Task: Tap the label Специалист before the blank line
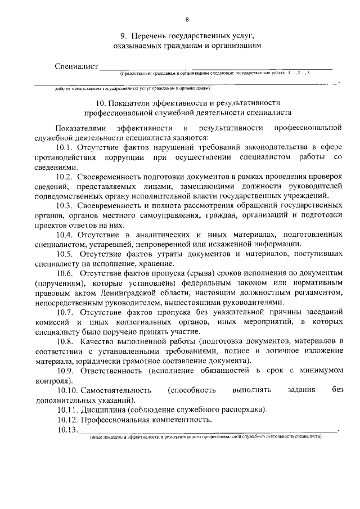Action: point(76,67)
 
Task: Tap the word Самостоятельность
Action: point(117,390)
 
